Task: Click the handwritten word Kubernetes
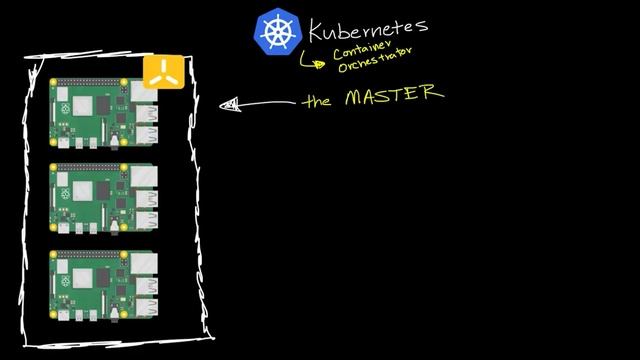(367, 27)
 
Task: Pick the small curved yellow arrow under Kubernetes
(313, 62)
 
